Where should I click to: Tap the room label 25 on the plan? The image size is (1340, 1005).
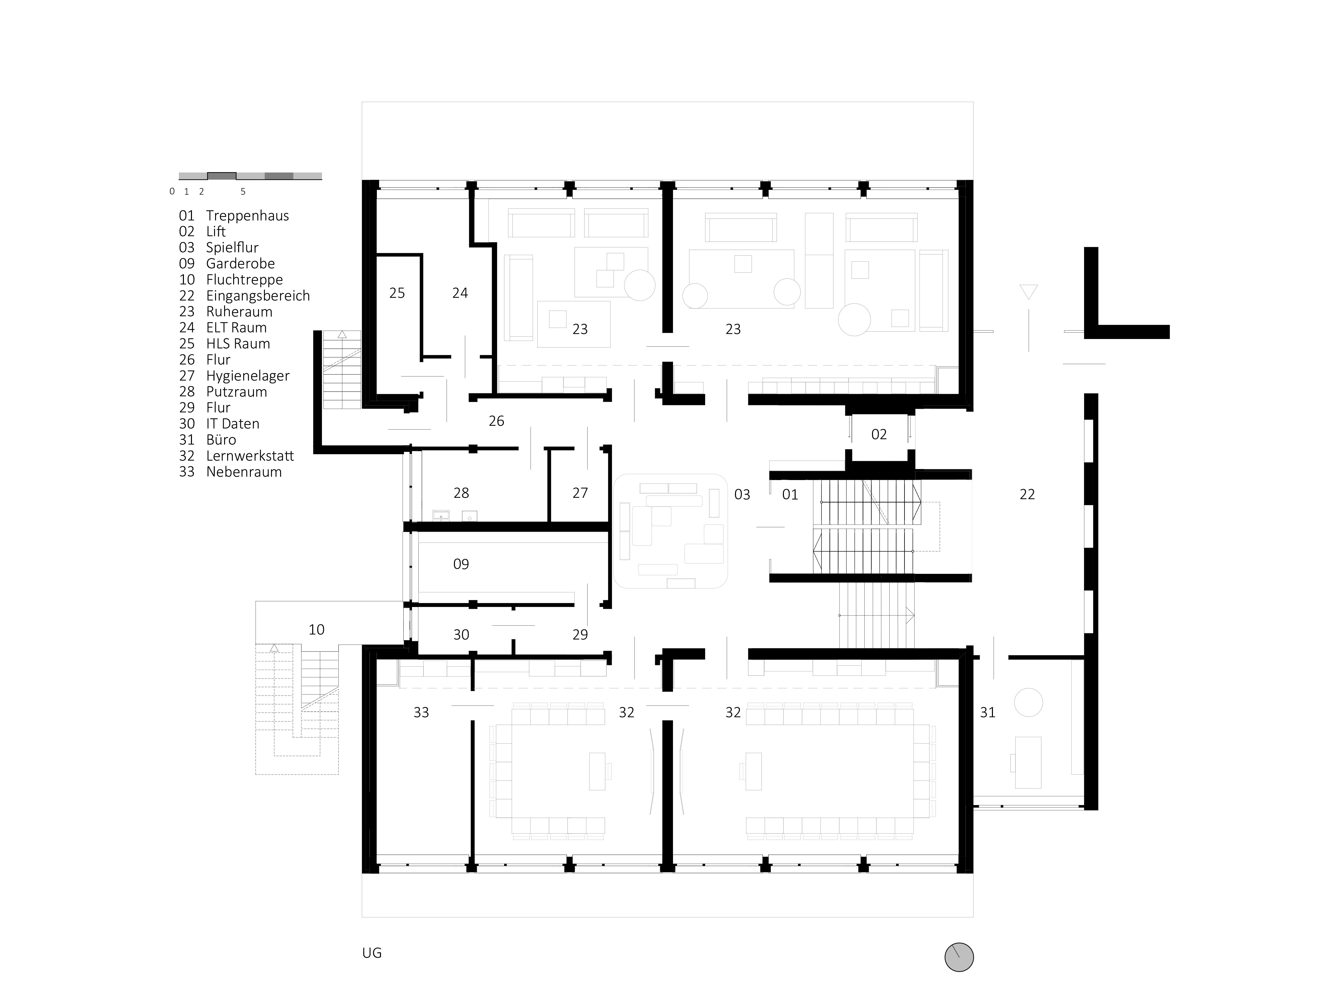pyautogui.click(x=397, y=293)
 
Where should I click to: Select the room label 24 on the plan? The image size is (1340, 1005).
pyautogui.click(x=460, y=293)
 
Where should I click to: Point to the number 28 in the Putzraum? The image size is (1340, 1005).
pyautogui.click(x=461, y=493)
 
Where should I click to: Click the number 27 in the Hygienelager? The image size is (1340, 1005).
pyautogui.click(x=580, y=493)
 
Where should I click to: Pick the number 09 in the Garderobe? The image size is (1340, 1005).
pyautogui.click(x=461, y=564)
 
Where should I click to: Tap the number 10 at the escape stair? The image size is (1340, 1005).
pyautogui.click(x=316, y=630)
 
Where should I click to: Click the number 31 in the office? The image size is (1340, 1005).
pyautogui.click(x=988, y=713)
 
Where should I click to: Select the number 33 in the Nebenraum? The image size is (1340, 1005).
pyautogui.click(x=421, y=713)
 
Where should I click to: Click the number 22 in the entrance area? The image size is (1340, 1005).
pyautogui.click(x=1027, y=494)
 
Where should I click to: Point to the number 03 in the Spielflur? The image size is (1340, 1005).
pyautogui.click(x=742, y=495)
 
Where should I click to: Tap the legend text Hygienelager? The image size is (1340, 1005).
pyautogui.click(x=248, y=376)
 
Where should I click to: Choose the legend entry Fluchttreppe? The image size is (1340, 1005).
pyautogui.click(x=245, y=280)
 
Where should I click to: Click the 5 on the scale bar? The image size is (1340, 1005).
pyautogui.click(x=243, y=191)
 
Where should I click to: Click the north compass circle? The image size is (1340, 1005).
pyautogui.click(x=959, y=958)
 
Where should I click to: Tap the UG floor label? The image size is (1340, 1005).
pyautogui.click(x=372, y=953)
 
